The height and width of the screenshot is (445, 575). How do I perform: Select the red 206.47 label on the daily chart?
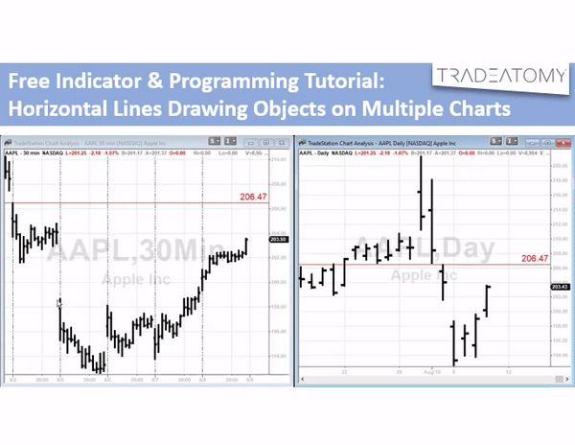click(534, 258)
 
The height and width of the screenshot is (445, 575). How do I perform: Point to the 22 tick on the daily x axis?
click(344, 370)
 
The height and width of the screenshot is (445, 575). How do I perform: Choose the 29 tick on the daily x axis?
click(400, 370)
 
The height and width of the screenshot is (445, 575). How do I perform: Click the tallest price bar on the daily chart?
click(421, 197)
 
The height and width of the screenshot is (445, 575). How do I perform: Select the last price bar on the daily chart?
click(488, 299)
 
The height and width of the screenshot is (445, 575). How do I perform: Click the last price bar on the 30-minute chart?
click(247, 247)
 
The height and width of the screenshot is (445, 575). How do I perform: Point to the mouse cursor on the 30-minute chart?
click(59, 304)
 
